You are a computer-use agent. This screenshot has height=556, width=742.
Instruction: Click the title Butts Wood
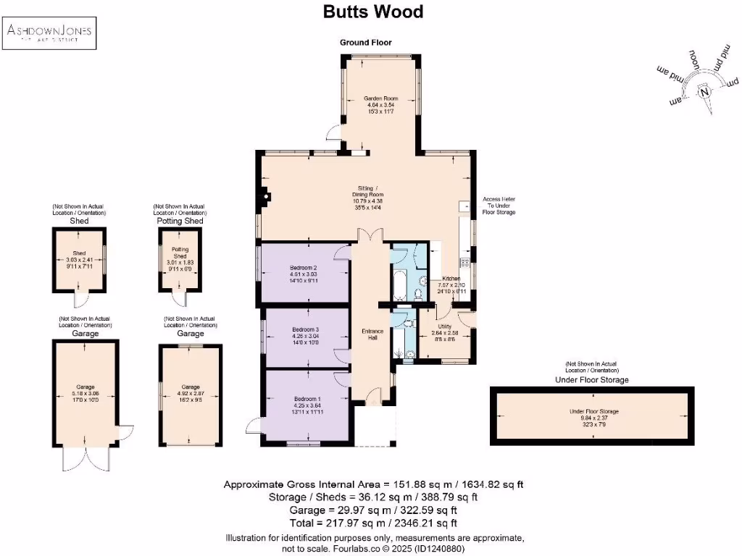[x=372, y=12]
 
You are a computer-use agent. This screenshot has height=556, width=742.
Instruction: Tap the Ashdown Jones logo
[x=50, y=33]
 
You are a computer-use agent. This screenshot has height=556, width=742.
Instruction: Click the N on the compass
[x=704, y=92]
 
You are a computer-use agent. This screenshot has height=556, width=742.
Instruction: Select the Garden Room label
[x=380, y=98]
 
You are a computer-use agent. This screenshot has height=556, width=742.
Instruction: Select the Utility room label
[x=444, y=327]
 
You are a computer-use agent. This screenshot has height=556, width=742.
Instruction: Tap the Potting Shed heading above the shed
[x=179, y=221]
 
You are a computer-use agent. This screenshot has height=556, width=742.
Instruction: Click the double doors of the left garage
[x=85, y=458]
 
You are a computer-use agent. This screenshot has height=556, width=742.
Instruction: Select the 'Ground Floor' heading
[x=366, y=43]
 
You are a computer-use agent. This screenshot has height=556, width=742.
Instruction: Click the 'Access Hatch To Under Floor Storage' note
[x=499, y=206]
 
